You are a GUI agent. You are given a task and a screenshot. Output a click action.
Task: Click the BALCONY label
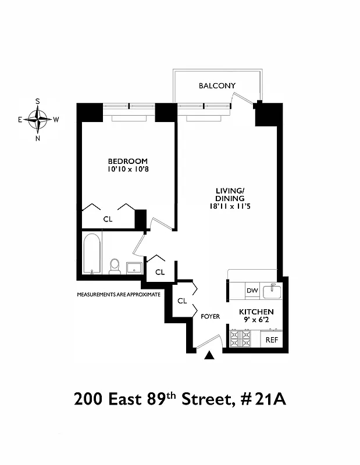pyautogui.click(x=217, y=86)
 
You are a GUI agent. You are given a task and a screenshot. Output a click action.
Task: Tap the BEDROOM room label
pyautogui.click(x=127, y=161)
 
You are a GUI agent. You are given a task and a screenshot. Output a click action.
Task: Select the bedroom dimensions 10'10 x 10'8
pyautogui.click(x=127, y=170)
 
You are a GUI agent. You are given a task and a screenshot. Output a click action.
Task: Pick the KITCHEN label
pyautogui.click(x=256, y=312)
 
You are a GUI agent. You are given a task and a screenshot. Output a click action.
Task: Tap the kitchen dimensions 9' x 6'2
pyautogui.click(x=256, y=321)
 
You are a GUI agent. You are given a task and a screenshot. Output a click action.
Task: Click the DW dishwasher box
pyautogui.click(x=252, y=291)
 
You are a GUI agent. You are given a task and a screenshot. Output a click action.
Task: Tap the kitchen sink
pyautogui.click(x=272, y=290)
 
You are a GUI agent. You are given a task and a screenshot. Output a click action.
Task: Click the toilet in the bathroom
pyautogui.click(x=115, y=266)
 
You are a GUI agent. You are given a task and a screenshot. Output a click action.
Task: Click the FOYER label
pyautogui.click(x=210, y=317)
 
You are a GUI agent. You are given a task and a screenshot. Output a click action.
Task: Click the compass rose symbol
pyautogui.click(x=38, y=120)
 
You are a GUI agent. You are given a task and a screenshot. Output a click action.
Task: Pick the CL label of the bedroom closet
pyautogui.click(x=108, y=219)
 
